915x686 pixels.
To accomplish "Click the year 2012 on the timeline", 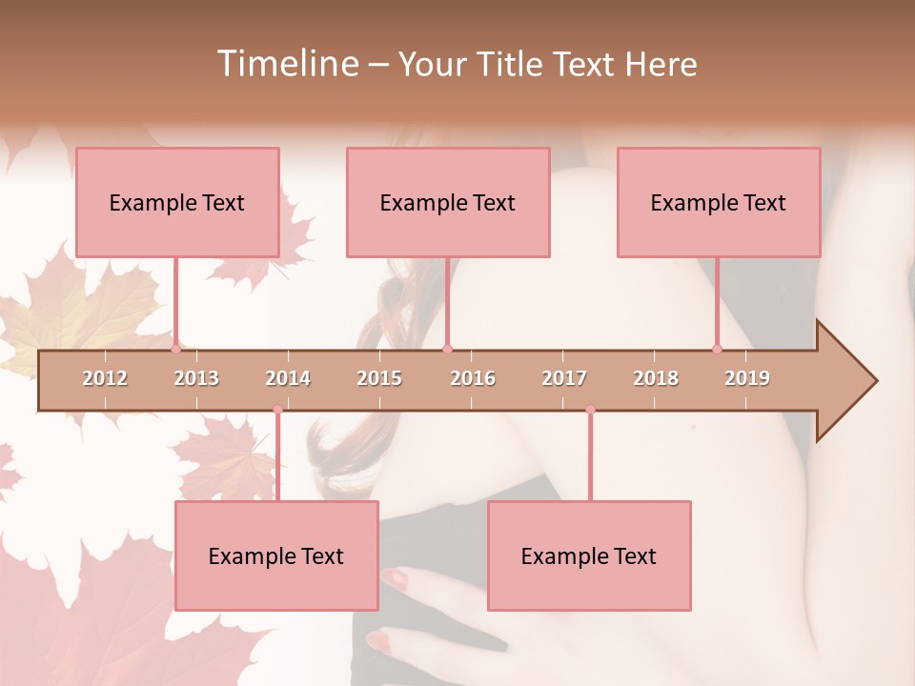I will [105, 378].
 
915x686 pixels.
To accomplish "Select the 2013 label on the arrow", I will [196, 378].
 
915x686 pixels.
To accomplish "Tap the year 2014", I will [288, 378].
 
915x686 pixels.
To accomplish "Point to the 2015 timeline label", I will [379, 378].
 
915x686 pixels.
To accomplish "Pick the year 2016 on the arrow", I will [473, 378].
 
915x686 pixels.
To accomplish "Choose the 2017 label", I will [564, 378].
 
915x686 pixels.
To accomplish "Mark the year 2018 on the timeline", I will [656, 378].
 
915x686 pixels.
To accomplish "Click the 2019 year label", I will [747, 378].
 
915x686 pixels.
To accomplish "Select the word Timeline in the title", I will [286, 64].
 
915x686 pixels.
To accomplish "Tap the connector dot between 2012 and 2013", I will [175, 349].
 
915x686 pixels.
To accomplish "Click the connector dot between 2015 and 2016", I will [447, 349].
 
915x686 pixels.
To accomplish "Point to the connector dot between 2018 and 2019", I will [718, 349].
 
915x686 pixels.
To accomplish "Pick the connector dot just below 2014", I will [277, 410].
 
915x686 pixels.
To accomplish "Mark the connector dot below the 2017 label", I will [590, 410].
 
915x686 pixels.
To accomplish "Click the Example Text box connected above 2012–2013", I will [177, 202].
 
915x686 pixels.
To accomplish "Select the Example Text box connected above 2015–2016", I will [448, 202].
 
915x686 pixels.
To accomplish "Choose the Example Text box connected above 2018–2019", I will [719, 202].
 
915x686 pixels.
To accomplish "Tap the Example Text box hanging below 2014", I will [276, 555].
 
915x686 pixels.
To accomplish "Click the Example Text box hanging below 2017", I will [589, 555].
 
